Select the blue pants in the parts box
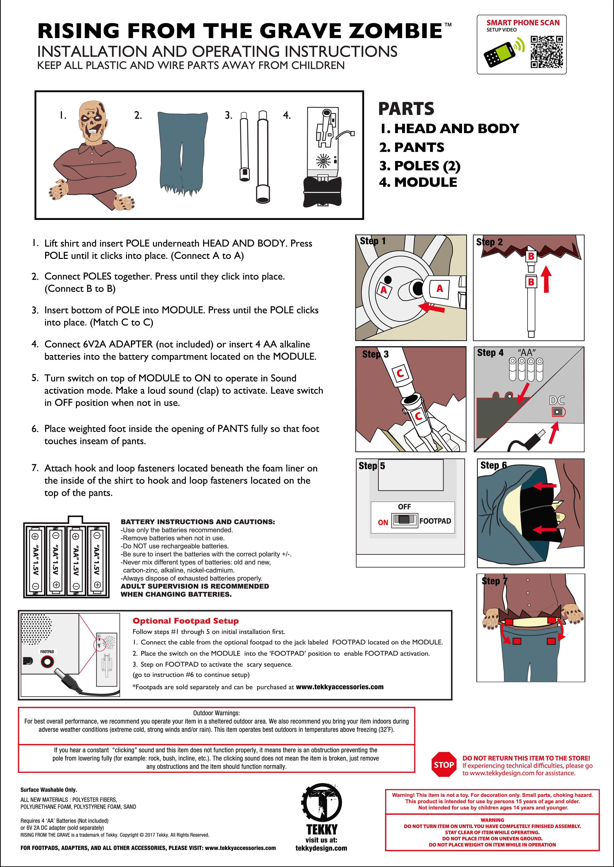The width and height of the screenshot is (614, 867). click(183, 151)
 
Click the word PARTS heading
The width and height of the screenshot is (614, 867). click(406, 109)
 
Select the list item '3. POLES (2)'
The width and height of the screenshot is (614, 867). click(420, 166)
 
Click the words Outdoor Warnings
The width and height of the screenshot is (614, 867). click(216, 713)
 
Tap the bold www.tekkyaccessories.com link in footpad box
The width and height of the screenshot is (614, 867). click(340, 687)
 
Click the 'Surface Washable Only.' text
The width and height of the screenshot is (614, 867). click(48, 790)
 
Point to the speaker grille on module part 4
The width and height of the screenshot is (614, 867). click(323, 161)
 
